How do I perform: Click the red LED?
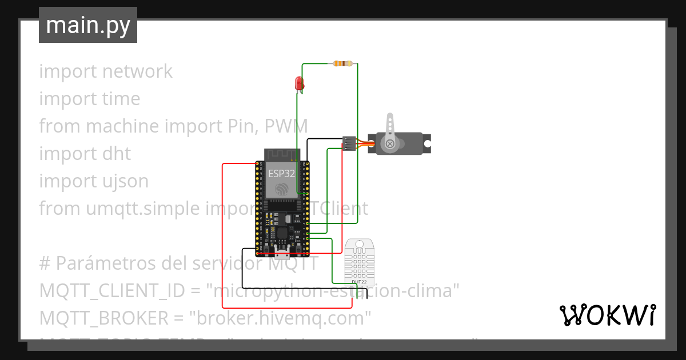pyautogui.click(x=298, y=83)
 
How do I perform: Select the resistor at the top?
pyautogui.click(x=343, y=63)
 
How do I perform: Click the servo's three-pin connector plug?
pyautogui.click(x=348, y=143)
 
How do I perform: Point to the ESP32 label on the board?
pyautogui.click(x=281, y=173)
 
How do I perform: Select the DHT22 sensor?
pyautogui.click(x=359, y=262)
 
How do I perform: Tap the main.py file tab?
pyautogui.click(x=88, y=25)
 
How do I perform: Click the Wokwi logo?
pyautogui.click(x=607, y=315)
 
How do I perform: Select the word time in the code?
pyautogui.click(x=121, y=99)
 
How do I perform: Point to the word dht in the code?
pyautogui.click(x=117, y=154)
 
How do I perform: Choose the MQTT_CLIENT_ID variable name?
pyautogui.click(x=112, y=291)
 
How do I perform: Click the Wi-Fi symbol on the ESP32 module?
pyautogui.click(x=281, y=189)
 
